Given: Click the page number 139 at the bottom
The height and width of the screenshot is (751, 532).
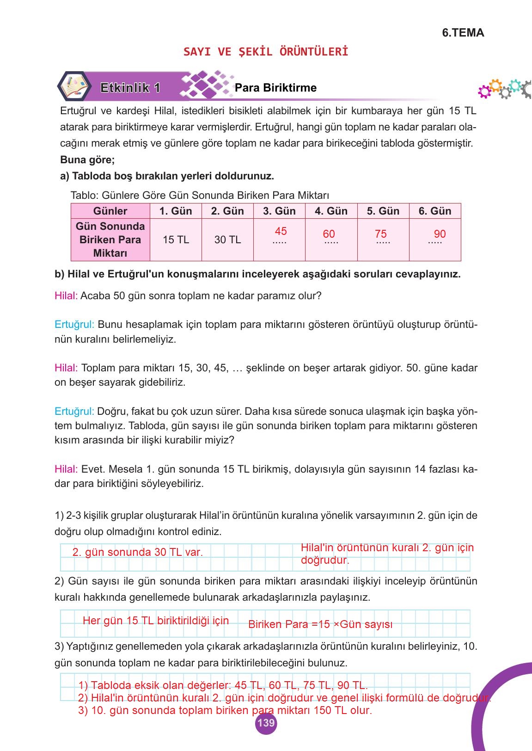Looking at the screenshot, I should [265, 722].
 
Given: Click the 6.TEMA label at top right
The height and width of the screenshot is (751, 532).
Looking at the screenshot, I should [463, 33].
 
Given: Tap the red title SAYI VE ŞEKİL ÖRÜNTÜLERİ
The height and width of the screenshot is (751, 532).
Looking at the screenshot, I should [266, 51].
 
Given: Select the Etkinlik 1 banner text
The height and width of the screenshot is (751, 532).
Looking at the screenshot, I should [130, 88].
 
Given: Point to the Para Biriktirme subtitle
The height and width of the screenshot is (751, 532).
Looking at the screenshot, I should [275, 88].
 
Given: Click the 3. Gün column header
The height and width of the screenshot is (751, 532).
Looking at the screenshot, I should [279, 211].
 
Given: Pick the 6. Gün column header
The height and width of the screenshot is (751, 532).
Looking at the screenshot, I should [434, 211].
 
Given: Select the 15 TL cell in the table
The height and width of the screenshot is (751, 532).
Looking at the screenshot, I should [176, 240].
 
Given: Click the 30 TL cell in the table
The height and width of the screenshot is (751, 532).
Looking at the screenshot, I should [227, 240].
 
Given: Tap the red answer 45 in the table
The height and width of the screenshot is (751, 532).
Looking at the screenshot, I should [281, 231].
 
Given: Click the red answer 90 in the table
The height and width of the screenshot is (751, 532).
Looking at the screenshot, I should [440, 234].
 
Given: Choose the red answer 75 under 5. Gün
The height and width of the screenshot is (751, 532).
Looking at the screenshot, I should [381, 234].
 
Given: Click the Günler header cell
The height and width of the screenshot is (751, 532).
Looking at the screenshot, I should [110, 211].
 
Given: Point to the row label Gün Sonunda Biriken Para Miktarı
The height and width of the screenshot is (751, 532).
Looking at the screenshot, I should [110, 240].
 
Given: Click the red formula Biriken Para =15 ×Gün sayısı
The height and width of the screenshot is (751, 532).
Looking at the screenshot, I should [320, 624].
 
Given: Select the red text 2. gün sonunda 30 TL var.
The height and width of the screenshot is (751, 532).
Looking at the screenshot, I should [138, 552].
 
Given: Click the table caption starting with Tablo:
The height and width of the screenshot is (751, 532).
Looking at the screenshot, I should [200, 195].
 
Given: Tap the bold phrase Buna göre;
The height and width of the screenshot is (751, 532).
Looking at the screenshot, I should [87, 160].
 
